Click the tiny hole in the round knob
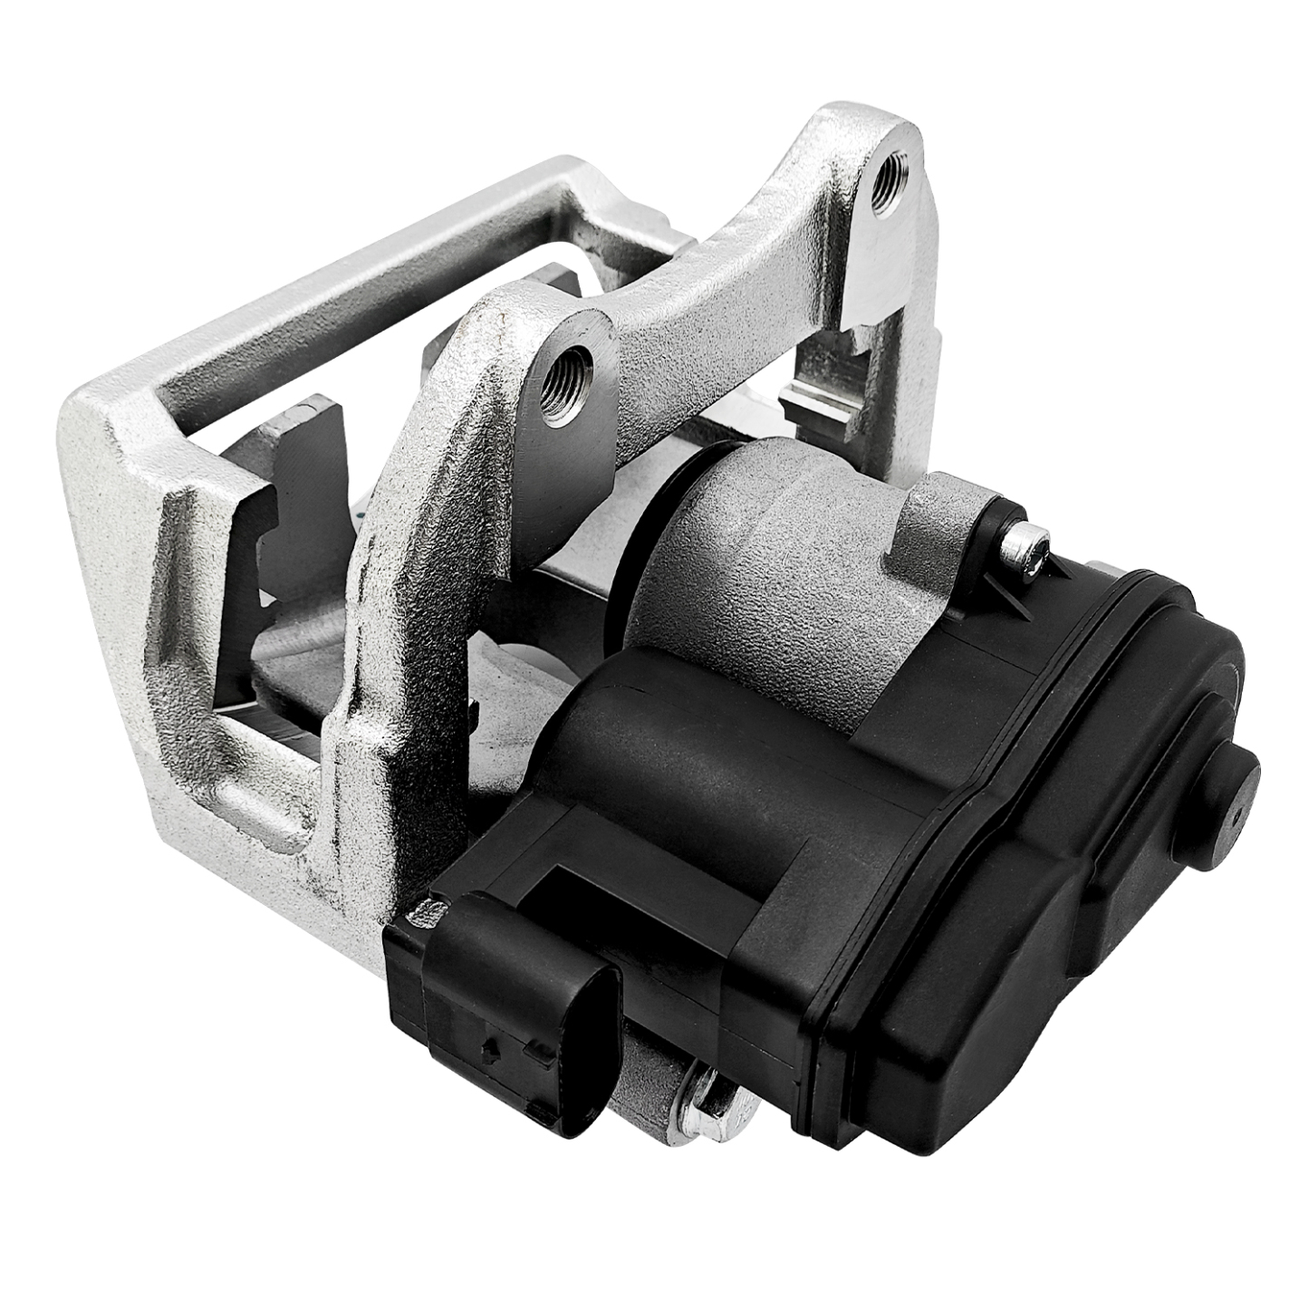point(1237,813)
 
